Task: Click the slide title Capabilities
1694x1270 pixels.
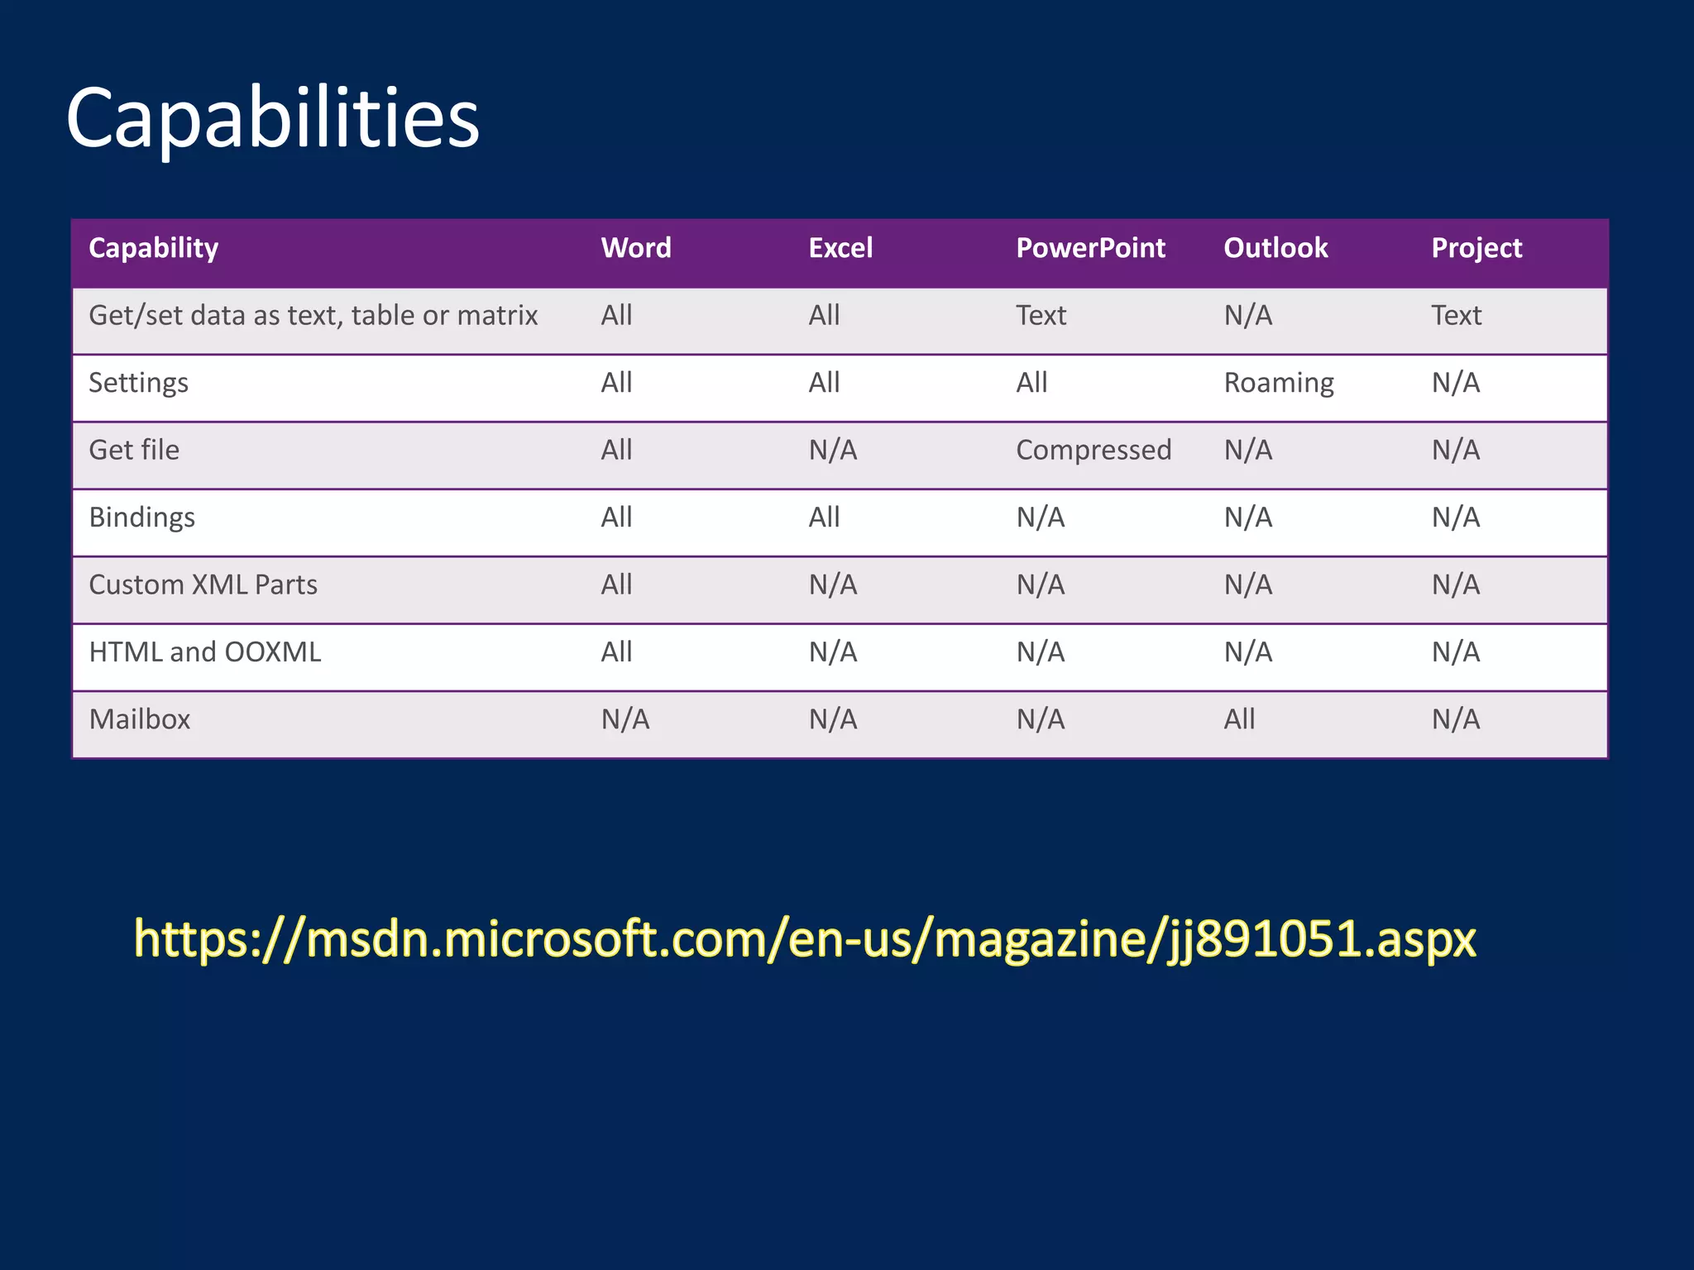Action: [272, 118]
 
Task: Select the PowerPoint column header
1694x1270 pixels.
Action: [1090, 248]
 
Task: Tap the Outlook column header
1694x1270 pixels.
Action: [1275, 248]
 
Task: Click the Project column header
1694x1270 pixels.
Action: [1476, 248]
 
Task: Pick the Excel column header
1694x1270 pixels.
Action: [840, 248]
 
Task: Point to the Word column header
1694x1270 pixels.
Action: [636, 248]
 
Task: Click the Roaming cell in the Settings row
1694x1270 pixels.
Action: [1279, 383]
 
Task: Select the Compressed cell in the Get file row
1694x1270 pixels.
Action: [1093, 450]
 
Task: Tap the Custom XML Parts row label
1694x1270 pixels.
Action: [203, 585]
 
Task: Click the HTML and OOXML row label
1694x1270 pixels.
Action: [205, 652]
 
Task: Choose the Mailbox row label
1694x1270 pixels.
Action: [140, 719]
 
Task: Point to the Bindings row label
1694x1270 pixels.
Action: [142, 518]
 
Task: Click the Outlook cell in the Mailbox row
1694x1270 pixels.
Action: [1239, 719]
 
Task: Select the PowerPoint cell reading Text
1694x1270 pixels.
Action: [1041, 315]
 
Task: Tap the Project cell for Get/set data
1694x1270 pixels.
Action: [1457, 315]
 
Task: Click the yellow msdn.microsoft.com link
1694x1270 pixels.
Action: [805, 939]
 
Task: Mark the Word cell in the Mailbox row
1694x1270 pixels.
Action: [625, 719]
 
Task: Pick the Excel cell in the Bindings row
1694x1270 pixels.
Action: [824, 518]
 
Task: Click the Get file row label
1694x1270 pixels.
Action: [134, 450]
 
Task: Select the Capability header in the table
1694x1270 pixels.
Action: [154, 248]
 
